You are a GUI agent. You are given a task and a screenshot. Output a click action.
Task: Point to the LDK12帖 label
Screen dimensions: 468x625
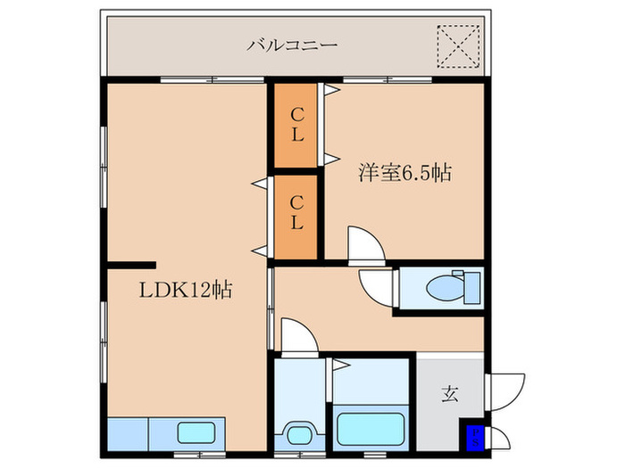tap(185, 290)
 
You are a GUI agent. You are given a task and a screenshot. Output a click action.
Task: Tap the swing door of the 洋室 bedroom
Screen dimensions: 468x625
tap(364, 244)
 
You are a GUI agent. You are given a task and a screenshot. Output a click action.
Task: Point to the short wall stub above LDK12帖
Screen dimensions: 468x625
tap(130, 264)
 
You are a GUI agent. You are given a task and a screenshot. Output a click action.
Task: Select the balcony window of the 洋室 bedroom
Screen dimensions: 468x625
tap(388, 81)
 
